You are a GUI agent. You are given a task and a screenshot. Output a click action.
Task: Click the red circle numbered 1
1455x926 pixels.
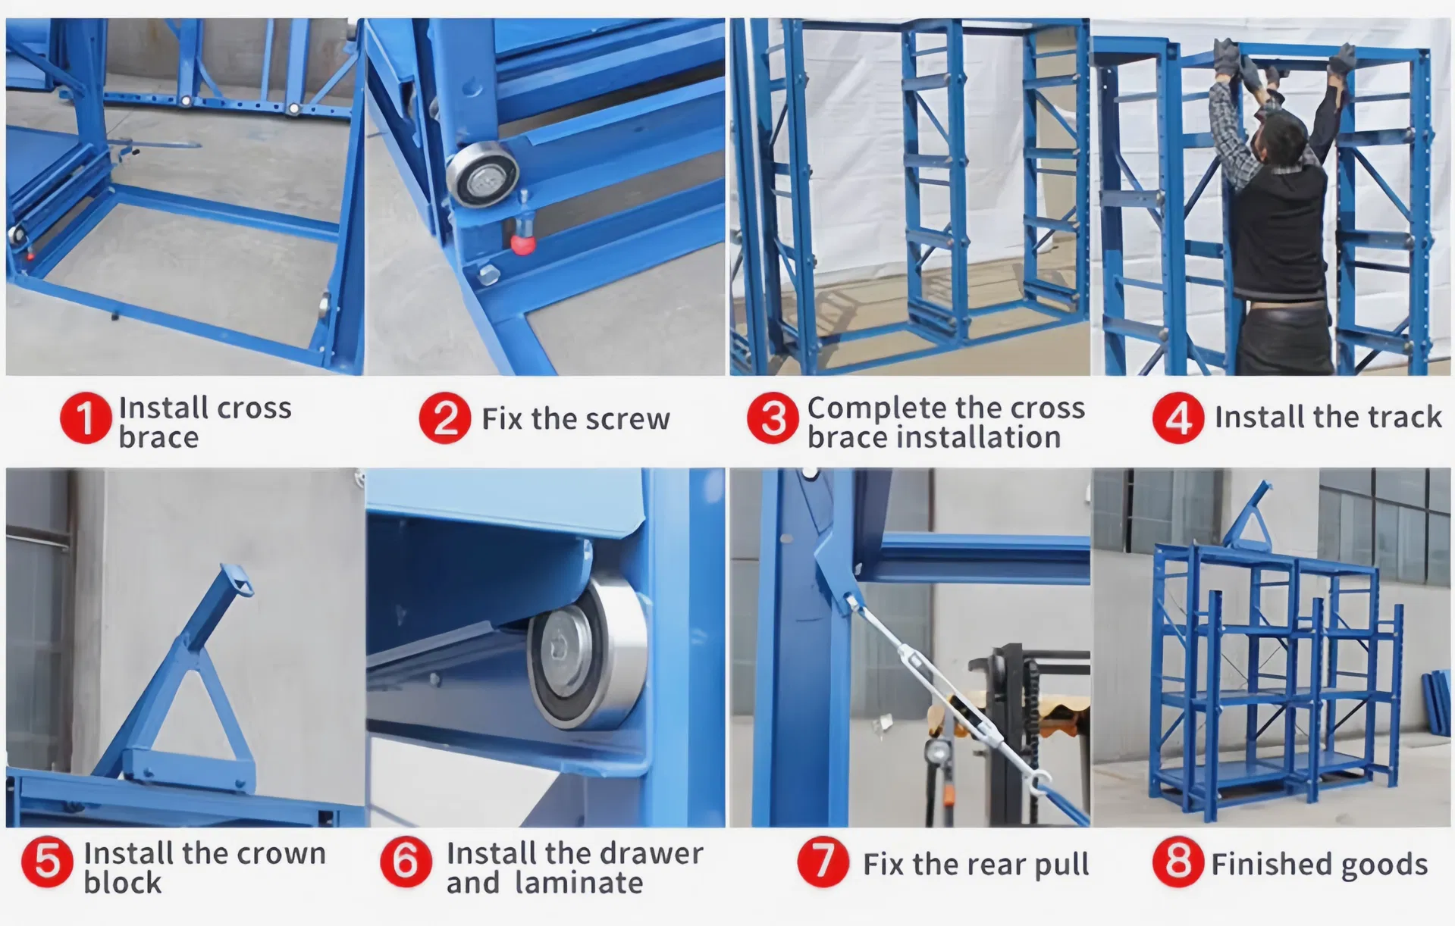point(86,418)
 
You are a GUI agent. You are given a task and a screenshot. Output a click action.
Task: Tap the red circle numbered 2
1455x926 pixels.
point(445,418)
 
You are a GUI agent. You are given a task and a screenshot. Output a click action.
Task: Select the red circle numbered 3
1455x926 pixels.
point(773,418)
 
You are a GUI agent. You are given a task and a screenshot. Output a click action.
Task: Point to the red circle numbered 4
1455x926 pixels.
point(1177,418)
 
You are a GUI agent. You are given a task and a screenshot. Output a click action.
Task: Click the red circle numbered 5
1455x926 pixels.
point(47,862)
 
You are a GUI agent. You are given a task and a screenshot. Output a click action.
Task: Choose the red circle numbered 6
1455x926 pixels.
point(406,862)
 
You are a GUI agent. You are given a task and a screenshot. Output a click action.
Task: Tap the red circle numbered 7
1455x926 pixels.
point(823,862)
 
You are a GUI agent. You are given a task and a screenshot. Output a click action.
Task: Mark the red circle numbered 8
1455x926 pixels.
point(1177,862)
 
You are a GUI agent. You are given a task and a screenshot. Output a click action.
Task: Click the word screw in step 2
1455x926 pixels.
point(627,419)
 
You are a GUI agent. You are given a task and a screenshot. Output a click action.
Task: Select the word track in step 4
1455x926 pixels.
point(1404,418)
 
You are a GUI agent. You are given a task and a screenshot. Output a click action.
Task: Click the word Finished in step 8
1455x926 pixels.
point(1262,864)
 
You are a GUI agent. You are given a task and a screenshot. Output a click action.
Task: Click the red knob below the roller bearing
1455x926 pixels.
point(522,243)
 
